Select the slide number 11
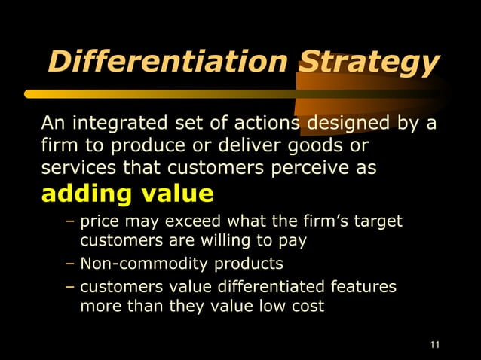pos(434,346)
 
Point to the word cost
pos(309,307)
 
